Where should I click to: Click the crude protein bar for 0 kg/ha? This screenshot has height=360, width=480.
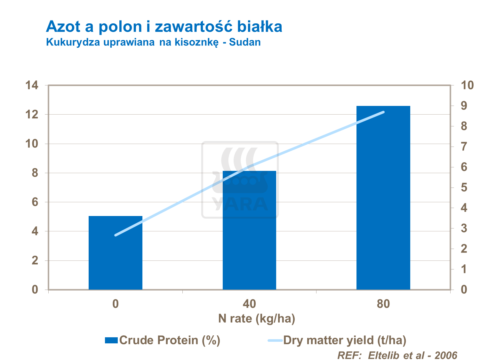pyautogui.click(x=116, y=253)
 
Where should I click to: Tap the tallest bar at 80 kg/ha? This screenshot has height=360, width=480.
pyautogui.click(x=383, y=198)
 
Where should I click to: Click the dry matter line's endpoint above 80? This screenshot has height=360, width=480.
pyautogui.click(x=383, y=112)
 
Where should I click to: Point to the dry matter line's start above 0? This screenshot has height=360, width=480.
pyautogui.click(x=116, y=235)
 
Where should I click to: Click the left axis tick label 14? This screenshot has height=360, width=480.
pyautogui.click(x=32, y=85)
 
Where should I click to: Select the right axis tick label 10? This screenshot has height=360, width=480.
pyautogui.click(x=467, y=85)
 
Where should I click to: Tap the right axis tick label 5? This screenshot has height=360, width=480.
pyautogui.click(x=464, y=188)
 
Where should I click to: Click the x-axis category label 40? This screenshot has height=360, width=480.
pyautogui.click(x=249, y=304)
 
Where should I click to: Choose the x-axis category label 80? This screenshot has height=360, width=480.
pyautogui.click(x=383, y=304)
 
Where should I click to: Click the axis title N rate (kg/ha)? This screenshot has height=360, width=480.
pyautogui.click(x=256, y=319)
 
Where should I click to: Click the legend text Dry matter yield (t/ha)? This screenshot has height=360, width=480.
pyautogui.click(x=345, y=340)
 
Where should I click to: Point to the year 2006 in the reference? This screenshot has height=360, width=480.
pyautogui.click(x=446, y=355)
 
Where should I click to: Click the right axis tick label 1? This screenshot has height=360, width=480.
pyautogui.click(x=464, y=269)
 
